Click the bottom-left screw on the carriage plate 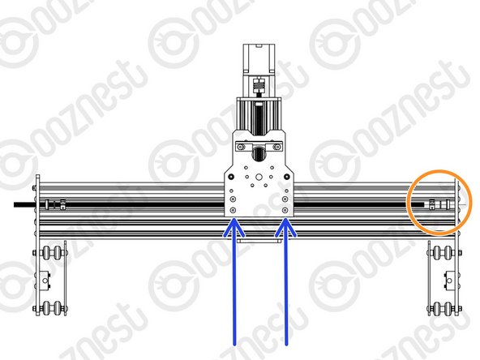[x=234, y=210]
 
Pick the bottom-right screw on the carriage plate [x=285, y=210]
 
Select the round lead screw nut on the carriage [x=259, y=152]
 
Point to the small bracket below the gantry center [x=259, y=241]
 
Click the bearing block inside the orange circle [x=433, y=203]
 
